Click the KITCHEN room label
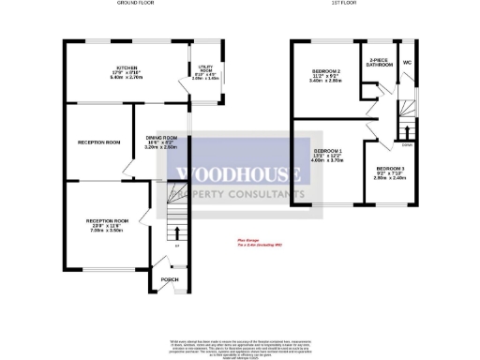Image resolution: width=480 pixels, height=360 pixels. pos(121,68)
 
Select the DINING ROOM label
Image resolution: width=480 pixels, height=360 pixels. pos(161,139)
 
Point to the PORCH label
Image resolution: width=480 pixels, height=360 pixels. pos(170,279)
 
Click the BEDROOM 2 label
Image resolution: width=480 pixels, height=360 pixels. pos(325,72)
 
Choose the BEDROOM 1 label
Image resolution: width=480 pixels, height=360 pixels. pos(328,151)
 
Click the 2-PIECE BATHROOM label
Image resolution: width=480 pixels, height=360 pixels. pos(380,63)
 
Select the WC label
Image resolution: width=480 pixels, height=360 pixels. pos(407,62)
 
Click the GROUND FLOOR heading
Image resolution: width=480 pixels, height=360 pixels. pos(135,4)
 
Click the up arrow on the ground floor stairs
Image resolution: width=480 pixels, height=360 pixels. pos(175,231)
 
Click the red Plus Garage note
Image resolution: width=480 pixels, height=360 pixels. pos(247,239)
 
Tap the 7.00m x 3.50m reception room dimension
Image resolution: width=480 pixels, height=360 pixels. pos(105,230)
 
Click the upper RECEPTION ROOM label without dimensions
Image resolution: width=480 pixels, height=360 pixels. pos(98,142)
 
